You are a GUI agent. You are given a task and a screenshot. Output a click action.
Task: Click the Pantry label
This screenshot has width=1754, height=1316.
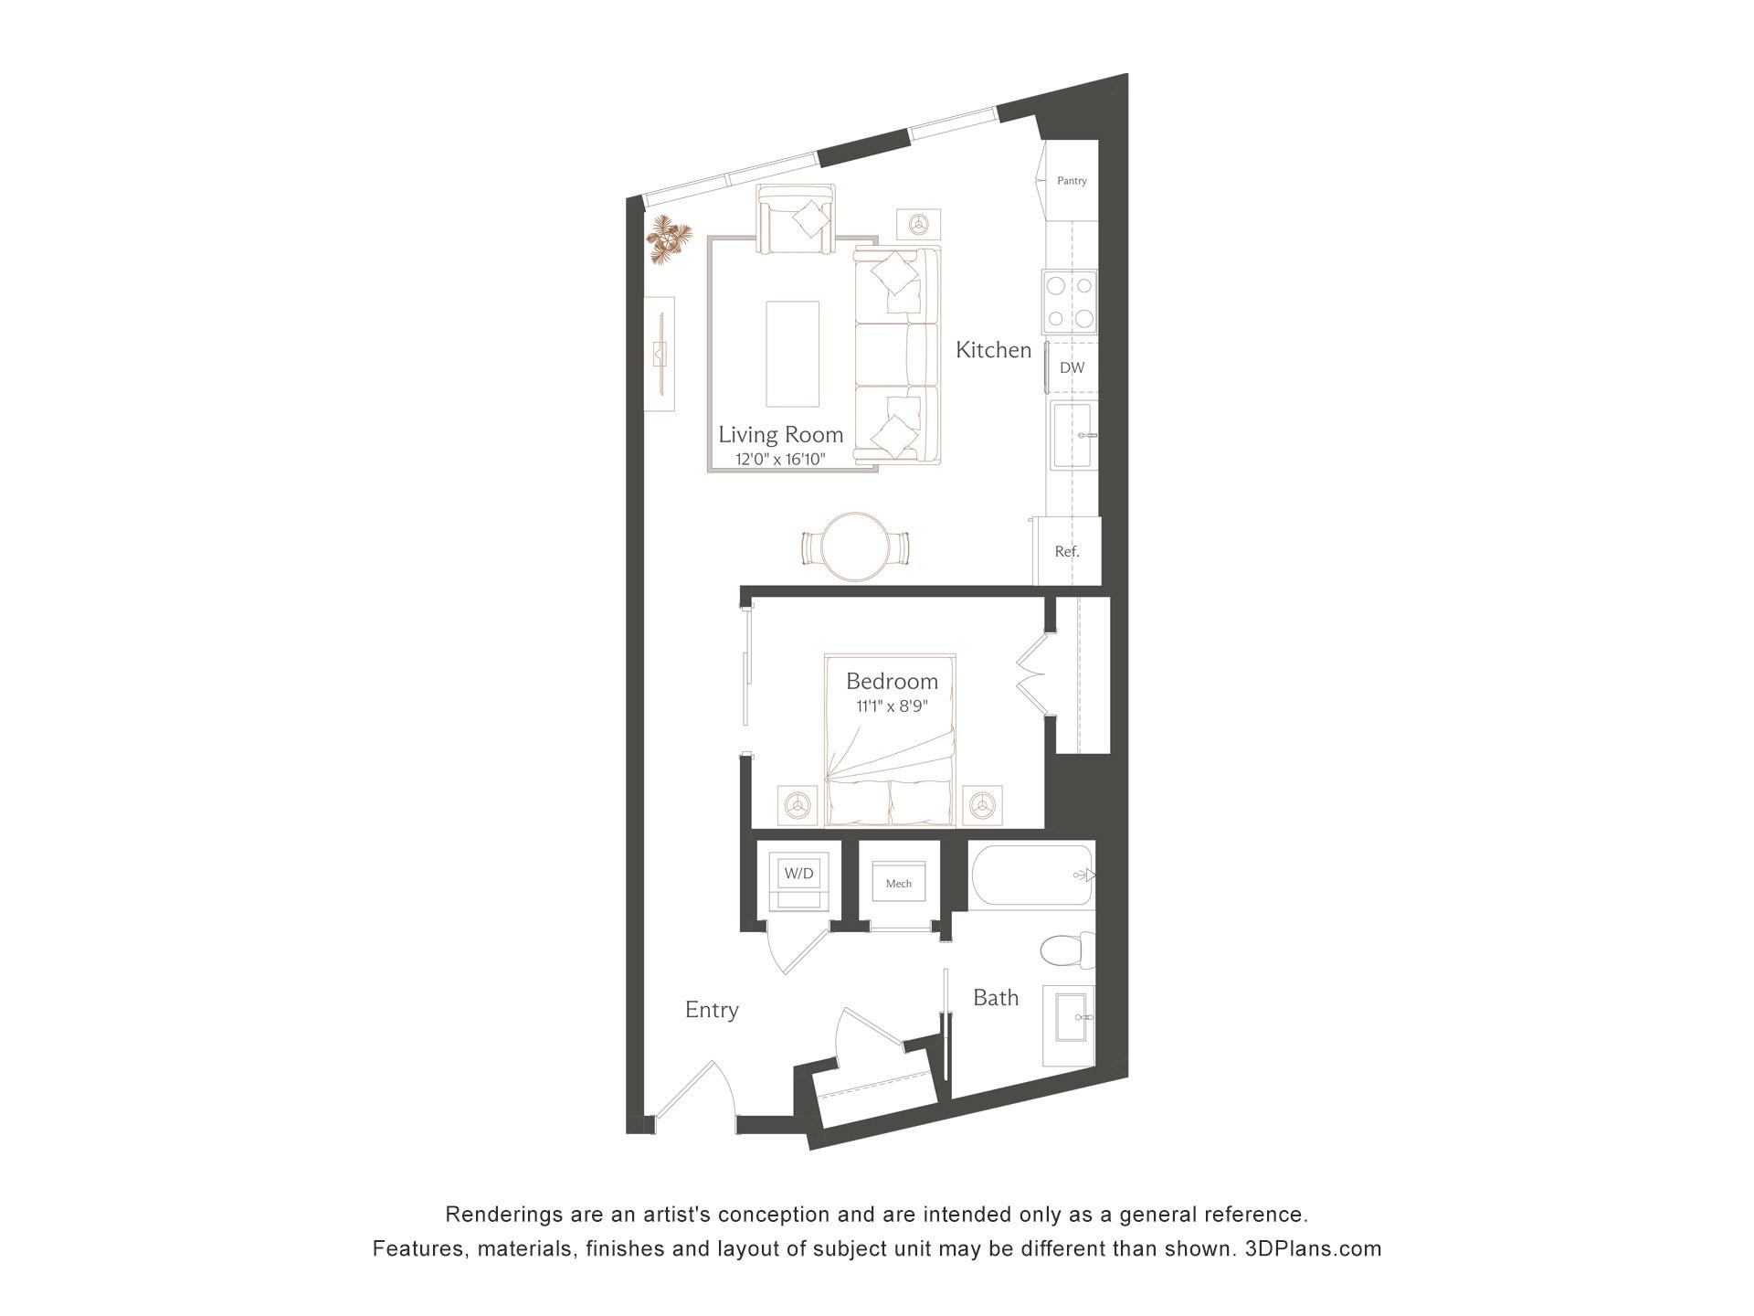point(1072,181)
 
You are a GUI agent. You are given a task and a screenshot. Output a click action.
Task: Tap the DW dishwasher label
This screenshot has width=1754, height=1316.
point(1072,368)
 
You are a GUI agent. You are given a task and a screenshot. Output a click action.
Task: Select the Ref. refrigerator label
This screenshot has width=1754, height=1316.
point(1067,552)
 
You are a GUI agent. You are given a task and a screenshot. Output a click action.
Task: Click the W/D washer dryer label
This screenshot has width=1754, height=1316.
point(798,874)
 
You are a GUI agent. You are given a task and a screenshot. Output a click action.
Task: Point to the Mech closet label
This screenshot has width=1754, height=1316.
point(899,884)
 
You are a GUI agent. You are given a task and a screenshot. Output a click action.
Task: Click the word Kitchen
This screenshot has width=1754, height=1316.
point(993,350)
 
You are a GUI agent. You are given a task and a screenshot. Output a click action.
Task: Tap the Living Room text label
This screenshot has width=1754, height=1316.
point(780,435)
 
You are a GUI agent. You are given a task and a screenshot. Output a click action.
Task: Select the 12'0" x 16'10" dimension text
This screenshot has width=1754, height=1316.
point(780,460)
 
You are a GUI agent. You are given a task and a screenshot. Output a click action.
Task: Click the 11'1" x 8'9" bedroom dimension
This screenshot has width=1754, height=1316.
point(892,706)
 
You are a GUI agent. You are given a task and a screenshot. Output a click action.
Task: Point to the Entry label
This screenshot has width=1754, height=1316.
point(712,1010)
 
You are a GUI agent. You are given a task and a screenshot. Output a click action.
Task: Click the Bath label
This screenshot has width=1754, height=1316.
point(996,998)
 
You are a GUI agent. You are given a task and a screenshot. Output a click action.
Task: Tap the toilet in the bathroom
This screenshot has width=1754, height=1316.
point(1067,951)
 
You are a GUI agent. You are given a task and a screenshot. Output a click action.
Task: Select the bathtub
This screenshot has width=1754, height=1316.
point(1031,876)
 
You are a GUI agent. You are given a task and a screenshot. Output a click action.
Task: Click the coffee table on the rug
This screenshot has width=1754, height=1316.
point(792,354)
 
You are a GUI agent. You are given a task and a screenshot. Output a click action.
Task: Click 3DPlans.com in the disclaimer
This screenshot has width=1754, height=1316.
point(1313,1248)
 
